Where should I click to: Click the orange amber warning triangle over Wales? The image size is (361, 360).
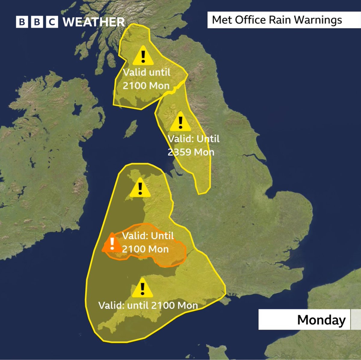tap(112, 243)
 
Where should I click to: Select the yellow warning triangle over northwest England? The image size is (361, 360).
tap(180, 122)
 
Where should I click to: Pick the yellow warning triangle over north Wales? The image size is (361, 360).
tap(140, 188)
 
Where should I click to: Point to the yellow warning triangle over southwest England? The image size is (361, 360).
tap(142, 288)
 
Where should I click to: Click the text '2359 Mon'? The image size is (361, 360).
tap(191, 152)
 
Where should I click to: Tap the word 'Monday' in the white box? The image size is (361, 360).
tap(321, 319)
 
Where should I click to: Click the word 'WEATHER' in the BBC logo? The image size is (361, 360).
tap(94, 22)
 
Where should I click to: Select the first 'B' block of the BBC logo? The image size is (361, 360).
tap(22, 22)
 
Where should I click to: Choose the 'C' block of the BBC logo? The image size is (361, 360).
tap(52, 22)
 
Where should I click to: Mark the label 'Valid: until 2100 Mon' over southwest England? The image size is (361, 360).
tap(148, 305)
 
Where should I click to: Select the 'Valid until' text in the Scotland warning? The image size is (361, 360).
tap(147, 72)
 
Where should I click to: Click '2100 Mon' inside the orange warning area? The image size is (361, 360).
tap(145, 249)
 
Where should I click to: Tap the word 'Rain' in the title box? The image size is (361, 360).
tap(280, 20)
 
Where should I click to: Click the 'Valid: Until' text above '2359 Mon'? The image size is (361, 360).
tap(193, 139)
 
